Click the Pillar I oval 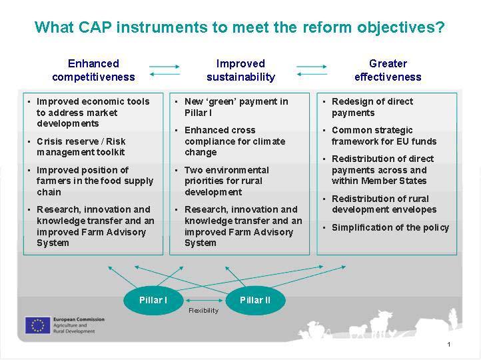pos(153,300)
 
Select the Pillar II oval pos(255,300)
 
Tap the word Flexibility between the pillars pos(203,311)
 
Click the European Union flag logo pos(37,325)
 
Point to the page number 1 pos(449,345)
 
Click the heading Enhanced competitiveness pos(93,70)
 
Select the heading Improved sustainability pos(240,70)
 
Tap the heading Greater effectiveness pos(388,70)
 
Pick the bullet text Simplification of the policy pos(390,228)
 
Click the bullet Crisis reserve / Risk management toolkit pos(81,147)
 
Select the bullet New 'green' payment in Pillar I pos(237,107)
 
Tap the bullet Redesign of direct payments pos(372,107)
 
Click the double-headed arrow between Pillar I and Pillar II pos(205,300)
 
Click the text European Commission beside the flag pos(79,319)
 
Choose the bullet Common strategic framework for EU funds pos(384,135)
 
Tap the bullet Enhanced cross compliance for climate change pos(235,141)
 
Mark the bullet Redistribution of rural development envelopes pos(384,204)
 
